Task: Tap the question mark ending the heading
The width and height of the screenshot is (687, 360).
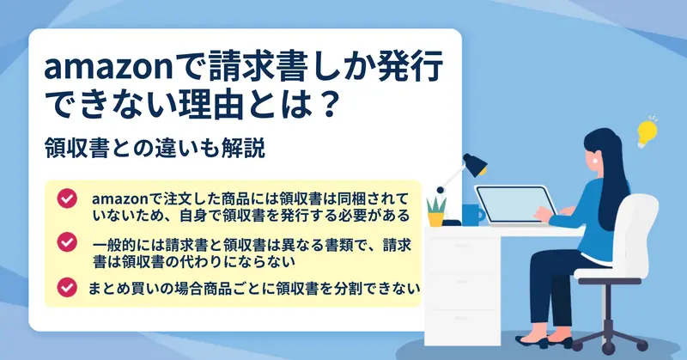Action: pyautogui.click(x=328, y=104)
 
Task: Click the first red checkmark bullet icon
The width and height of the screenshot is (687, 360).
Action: pyautogui.click(x=67, y=198)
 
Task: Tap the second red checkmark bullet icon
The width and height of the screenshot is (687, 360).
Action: pyautogui.click(x=67, y=241)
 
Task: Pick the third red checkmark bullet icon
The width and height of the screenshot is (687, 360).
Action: pyautogui.click(x=67, y=288)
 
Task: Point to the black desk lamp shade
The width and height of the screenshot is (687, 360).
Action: pyautogui.click(x=475, y=164)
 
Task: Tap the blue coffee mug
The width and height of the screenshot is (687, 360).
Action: pyautogui.click(x=473, y=215)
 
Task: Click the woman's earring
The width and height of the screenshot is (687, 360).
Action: pyautogui.click(x=595, y=161)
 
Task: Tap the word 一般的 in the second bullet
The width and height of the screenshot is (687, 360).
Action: pyautogui.click(x=114, y=245)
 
